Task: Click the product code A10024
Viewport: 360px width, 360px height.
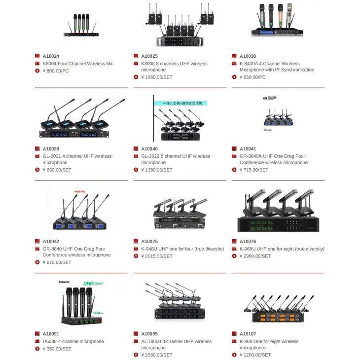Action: [51, 56]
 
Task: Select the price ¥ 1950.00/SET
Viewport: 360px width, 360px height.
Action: [157, 77]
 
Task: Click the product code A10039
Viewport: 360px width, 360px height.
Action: [51, 149]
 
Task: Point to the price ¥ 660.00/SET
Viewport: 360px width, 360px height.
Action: [57, 170]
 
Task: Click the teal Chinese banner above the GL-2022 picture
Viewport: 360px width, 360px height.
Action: [180, 104]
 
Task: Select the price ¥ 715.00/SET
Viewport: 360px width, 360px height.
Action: [253, 170]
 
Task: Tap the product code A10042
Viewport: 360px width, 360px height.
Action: [51, 242]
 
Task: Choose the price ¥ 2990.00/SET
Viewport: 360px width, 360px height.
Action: [255, 256]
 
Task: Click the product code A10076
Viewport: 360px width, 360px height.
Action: [248, 242]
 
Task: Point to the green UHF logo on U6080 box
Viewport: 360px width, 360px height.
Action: [89, 284]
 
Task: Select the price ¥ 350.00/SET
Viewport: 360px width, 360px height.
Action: [57, 349]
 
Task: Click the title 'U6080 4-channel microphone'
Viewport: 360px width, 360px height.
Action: [73, 341]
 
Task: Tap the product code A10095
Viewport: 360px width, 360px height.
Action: [149, 334]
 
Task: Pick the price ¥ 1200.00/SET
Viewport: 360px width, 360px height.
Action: [255, 355]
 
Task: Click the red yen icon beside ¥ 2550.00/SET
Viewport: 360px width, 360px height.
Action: [136, 355]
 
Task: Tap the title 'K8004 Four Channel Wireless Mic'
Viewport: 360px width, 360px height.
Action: [78, 64]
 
